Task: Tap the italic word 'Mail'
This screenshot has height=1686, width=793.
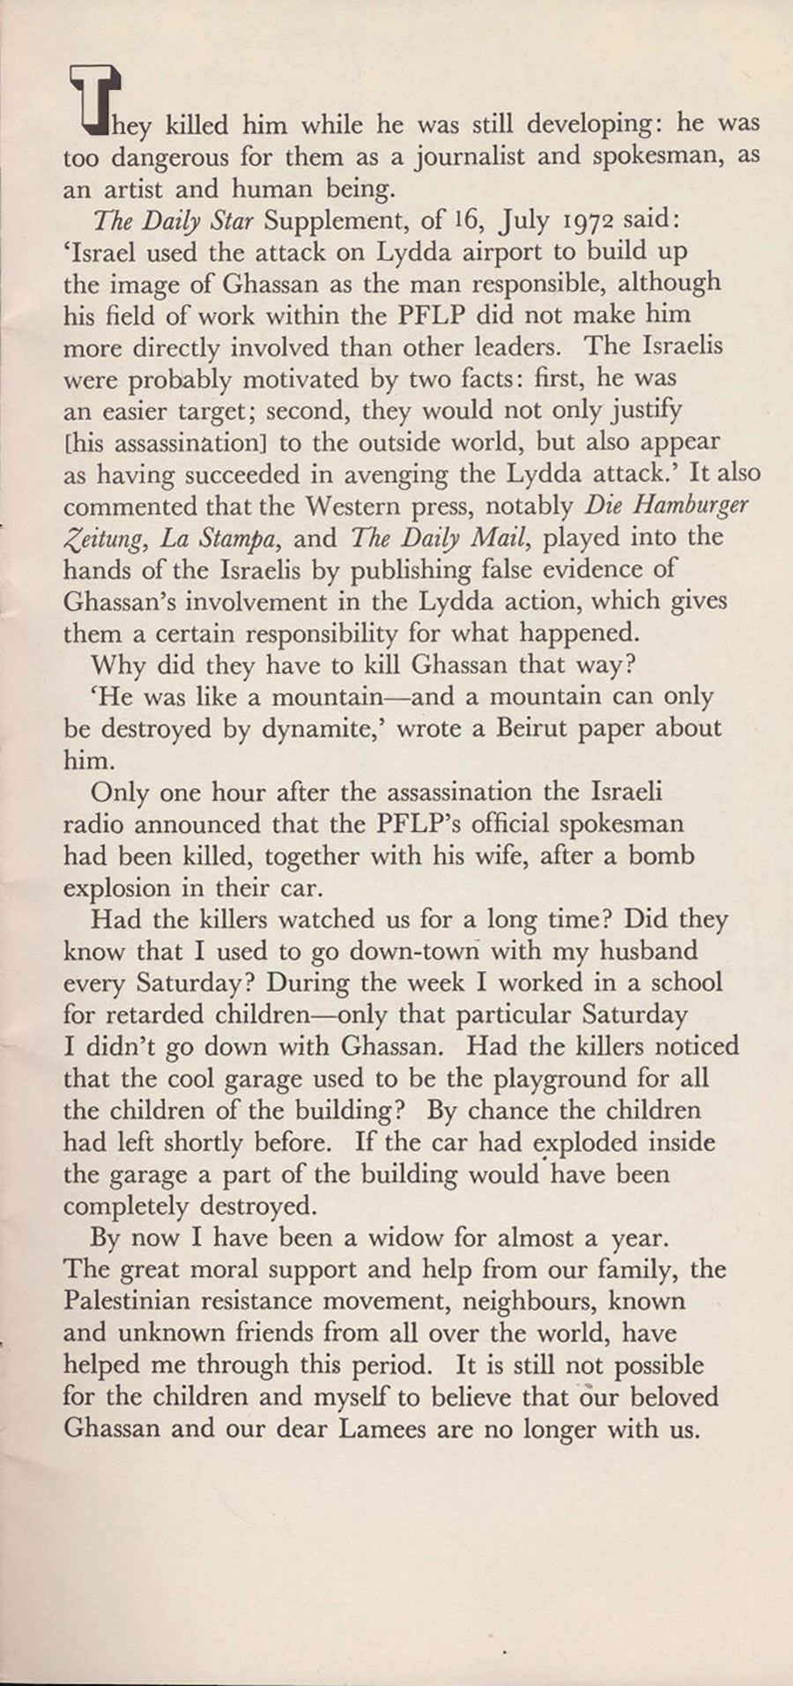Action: point(502,537)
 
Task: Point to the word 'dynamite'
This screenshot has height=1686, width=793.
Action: point(312,729)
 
